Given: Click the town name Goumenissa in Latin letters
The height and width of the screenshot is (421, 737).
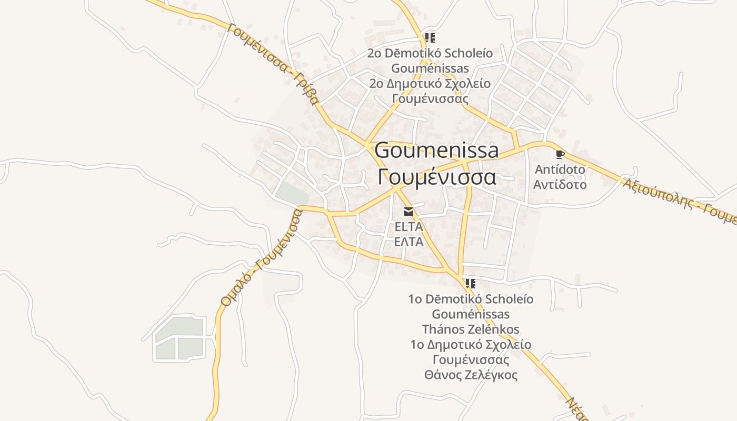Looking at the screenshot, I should pyautogui.click(x=436, y=151).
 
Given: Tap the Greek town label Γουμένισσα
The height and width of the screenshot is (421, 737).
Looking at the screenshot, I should pyautogui.click(x=436, y=177).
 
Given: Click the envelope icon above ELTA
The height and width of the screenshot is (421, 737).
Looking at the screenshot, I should pyautogui.click(x=409, y=212).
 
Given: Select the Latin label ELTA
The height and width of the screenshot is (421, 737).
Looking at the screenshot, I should pyautogui.click(x=409, y=227).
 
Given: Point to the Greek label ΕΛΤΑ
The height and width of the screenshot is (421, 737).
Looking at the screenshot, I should pyautogui.click(x=409, y=242).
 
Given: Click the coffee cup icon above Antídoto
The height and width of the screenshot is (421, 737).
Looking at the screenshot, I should pyautogui.click(x=560, y=154).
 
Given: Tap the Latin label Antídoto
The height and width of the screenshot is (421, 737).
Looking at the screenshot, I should pyautogui.click(x=560, y=169).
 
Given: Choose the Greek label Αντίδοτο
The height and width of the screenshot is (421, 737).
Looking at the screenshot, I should pyautogui.click(x=560, y=185).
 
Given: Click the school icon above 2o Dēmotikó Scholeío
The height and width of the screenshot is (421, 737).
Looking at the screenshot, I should pyautogui.click(x=430, y=38).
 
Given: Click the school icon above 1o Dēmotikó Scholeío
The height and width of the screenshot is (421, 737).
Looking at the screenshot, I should pyautogui.click(x=471, y=284).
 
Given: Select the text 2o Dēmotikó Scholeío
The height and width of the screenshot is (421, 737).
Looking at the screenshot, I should pyautogui.click(x=430, y=53).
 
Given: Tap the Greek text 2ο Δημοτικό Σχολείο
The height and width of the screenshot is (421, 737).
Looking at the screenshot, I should pyautogui.click(x=430, y=84).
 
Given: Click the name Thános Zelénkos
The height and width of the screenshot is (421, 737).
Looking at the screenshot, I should pyautogui.click(x=471, y=329).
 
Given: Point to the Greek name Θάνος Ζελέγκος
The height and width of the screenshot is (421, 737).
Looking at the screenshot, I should pyautogui.click(x=471, y=375).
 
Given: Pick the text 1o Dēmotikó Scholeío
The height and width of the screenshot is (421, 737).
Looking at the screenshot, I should pyautogui.click(x=471, y=299).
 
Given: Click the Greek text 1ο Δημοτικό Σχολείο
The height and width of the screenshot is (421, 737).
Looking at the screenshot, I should pyautogui.click(x=471, y=345).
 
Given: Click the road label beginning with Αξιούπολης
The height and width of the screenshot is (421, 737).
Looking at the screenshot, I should pyautogui.click(x=679, y=201).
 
